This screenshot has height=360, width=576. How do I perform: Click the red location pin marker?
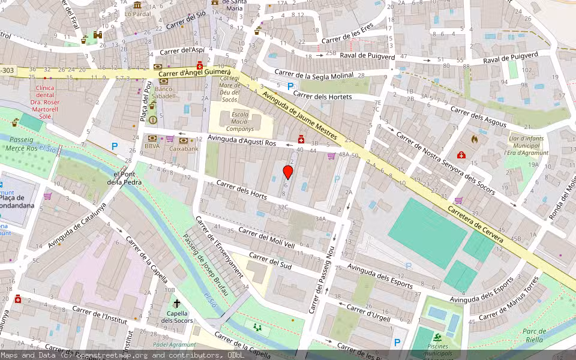pos(288,173)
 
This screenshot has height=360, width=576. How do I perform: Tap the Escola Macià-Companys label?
pos(240,122)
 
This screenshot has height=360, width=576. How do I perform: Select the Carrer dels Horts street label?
pos(241,190)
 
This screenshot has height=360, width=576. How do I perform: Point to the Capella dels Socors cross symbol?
pos(177,304)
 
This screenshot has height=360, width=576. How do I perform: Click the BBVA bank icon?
pos(152,138)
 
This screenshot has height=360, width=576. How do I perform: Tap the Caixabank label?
pos(184,148)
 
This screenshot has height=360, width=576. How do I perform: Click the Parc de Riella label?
pos(533,335)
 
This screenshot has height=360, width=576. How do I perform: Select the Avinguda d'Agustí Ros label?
pos(241,142)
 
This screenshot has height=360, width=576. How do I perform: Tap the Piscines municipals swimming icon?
pos(437,337)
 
